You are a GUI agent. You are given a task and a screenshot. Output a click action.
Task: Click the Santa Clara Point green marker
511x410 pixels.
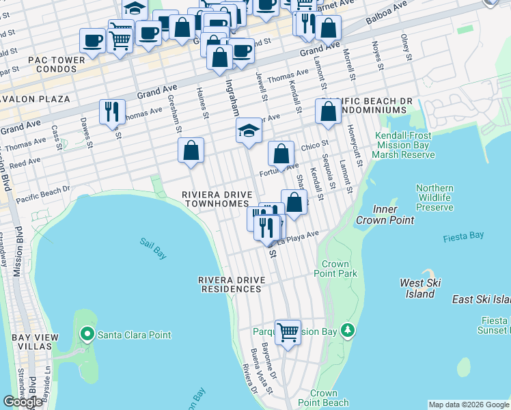87,335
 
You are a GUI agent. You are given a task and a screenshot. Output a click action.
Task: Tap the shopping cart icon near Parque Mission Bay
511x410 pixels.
288,333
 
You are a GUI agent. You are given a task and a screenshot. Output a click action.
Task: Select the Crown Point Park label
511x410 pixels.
340,269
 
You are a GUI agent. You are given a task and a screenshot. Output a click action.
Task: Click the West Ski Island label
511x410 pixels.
421,288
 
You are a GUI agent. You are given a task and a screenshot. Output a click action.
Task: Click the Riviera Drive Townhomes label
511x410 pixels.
217,200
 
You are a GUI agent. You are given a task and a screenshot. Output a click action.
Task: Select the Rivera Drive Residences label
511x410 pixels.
230,284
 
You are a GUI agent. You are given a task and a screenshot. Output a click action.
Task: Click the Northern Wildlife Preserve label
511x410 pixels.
434,197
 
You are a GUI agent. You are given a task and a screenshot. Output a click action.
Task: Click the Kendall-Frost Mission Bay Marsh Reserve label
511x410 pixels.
403,145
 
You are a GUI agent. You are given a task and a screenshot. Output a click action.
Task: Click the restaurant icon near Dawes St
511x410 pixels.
112,111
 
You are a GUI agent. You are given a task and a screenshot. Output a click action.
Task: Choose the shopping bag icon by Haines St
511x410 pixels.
191,150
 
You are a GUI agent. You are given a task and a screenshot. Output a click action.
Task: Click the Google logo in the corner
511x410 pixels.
23,402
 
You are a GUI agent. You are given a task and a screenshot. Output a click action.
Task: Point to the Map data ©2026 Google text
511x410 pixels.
469,405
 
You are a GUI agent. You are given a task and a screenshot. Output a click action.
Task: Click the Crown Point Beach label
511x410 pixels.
323,398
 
